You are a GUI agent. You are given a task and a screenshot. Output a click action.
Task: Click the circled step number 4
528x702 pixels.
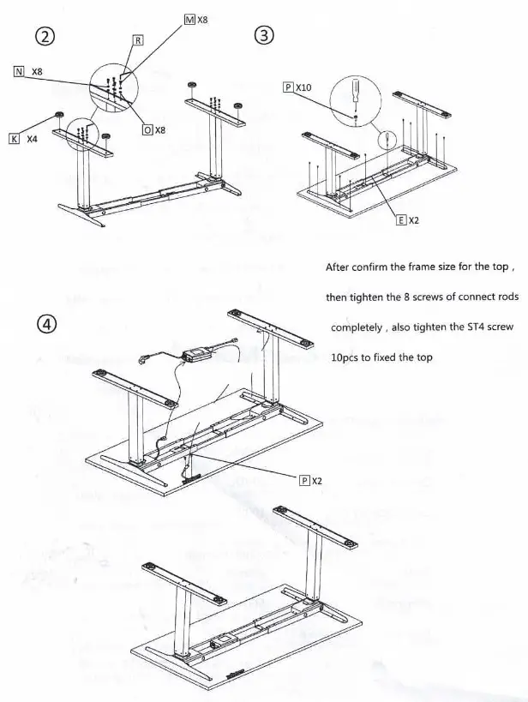click(x=48, y=324)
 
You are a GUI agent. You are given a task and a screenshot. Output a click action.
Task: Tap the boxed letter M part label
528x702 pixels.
click(x=189, y=19)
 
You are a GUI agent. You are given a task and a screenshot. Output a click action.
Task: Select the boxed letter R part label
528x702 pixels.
click(x=138, y=40)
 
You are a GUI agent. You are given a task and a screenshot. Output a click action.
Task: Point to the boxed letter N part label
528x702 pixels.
click(x=18, y=72)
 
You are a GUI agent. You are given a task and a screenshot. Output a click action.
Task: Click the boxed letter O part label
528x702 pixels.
click(x=147, y=129)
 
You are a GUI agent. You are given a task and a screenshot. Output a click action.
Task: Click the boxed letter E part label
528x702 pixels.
click(x=400, y=219)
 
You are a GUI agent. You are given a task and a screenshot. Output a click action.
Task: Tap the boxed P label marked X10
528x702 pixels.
click(x=287, y=87)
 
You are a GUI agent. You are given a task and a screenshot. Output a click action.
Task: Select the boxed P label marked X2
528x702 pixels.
click(x=303, y=480)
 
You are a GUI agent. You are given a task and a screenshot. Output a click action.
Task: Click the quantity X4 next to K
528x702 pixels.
click(x=32, y=138)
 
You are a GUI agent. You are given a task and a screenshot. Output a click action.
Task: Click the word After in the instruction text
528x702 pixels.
click(x=340, y=267)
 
